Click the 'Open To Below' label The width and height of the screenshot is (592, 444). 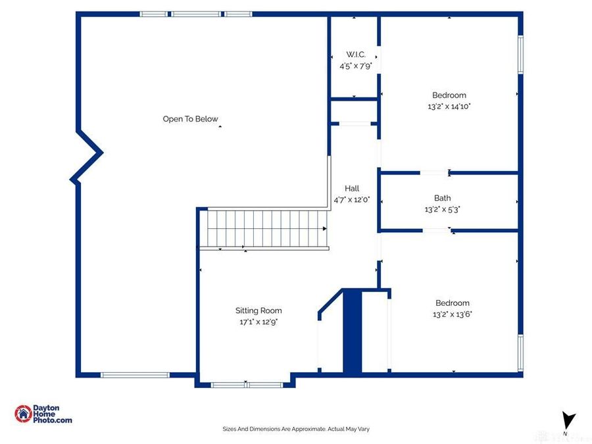[x=190, y=119]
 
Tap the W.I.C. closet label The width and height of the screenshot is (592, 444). [x=356, y=55]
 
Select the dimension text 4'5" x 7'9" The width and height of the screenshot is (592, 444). [x=356, y=66]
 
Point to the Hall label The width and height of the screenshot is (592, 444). [x=352, y=188]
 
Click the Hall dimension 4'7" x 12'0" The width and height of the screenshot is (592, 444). [x=351, y=200]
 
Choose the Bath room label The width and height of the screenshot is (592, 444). [x=442, y=198]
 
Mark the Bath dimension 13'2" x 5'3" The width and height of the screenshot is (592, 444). [x=442, y=209]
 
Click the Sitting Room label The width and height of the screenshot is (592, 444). [x=259, y=310]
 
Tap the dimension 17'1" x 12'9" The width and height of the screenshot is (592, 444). [x=259, y=322]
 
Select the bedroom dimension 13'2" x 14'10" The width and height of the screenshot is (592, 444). [x=449, y=107]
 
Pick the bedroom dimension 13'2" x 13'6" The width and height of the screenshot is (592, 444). [x=453, y=314]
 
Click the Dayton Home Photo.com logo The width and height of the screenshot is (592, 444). [x=43, y=414]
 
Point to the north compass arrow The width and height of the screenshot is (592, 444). [x=568, y=420]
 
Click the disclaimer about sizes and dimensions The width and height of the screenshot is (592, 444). [x=296, y=429]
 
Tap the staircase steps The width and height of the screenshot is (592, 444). [x=264, y=229]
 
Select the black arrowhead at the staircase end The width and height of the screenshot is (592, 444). [x=325, y=229]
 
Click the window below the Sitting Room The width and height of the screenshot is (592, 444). [x=247, y=385]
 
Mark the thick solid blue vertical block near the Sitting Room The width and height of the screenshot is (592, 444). [x=353, y=331]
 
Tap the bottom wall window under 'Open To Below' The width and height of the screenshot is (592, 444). [x=135, y=375]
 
